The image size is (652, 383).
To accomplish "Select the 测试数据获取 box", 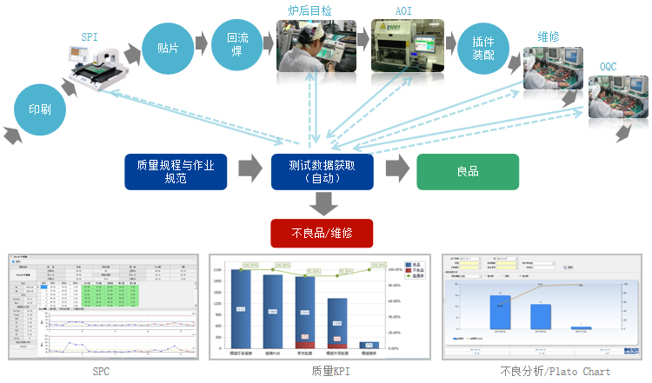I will tap(321, 171).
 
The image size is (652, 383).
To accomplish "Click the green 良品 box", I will tap(468, 171).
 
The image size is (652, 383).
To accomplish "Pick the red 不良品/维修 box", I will tap(321, 233).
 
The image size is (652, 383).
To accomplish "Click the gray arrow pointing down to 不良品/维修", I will tap(323, 203).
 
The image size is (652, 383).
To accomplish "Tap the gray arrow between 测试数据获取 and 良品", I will tap(396, 170).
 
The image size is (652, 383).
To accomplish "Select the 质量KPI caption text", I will tap(321, 371).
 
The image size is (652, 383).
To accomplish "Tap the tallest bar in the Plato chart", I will tap(499, 312).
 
